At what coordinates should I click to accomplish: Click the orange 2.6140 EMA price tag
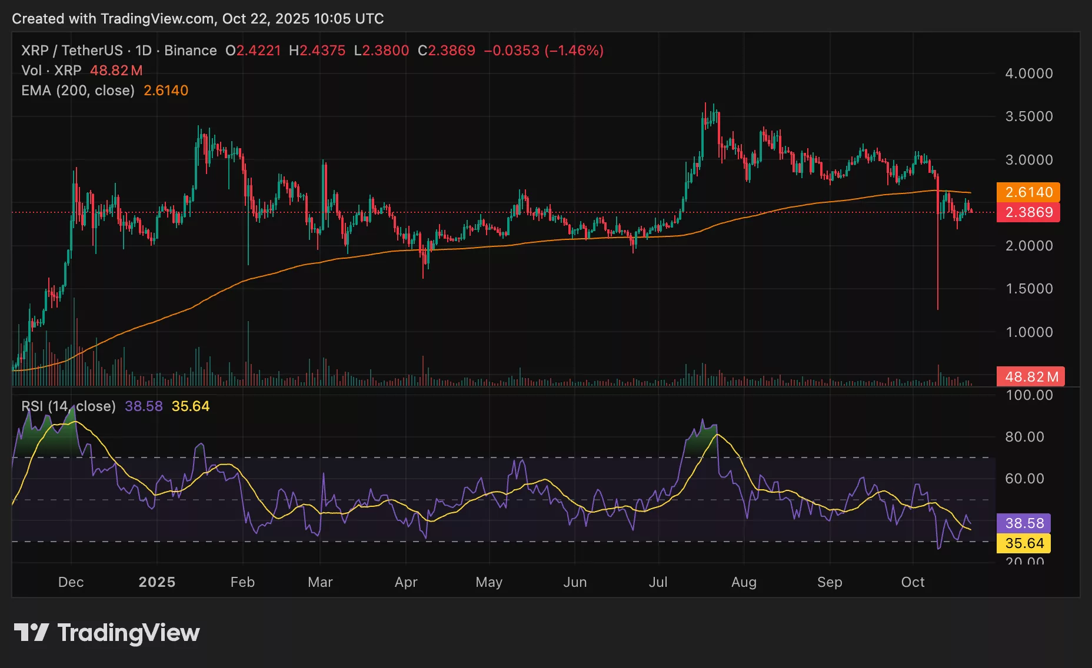coord(1028,192)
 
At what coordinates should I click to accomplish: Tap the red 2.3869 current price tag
coord(1028,212)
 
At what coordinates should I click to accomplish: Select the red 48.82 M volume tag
coord(1030,376)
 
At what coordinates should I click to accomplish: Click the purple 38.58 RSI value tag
coord(1023,523)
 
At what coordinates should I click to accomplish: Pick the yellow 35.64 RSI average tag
coord(1023,543)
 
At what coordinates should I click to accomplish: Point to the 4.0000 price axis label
coord(1028,74)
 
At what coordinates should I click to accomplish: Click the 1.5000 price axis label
coord(1028,289)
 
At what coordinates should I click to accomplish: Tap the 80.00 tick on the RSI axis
coord(1024,437)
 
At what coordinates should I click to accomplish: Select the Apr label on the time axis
coord(406,582)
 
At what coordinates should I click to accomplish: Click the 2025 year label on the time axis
coord(157,582)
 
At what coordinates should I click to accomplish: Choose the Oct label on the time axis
coord(913,582)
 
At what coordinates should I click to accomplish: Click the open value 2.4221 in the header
coord(258,51)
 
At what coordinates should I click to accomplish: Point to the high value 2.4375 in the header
coord(322,51)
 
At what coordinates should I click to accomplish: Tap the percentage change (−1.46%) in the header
coord(574,51)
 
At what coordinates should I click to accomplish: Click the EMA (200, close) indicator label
coord(78,91)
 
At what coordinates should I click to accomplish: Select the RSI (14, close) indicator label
coord(68,406)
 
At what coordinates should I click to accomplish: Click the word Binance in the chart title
coord(190,51)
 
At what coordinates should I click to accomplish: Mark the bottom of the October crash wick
coord(937,309)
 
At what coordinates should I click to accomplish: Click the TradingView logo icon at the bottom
coord(31,633)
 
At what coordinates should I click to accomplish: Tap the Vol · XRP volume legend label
coord(51,71)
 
